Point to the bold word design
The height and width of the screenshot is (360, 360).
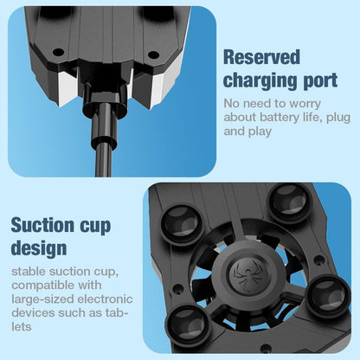click(x=39, y=249)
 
